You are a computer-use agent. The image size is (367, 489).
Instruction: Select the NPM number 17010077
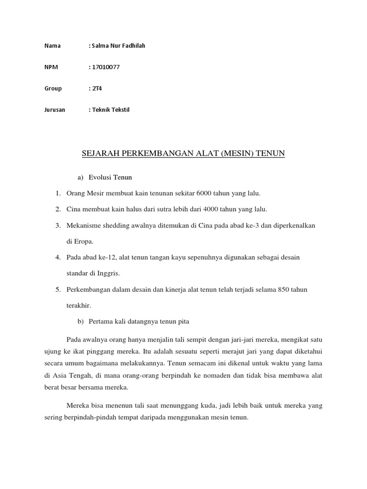[105, 67]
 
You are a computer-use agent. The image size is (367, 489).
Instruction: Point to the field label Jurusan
[54, 110]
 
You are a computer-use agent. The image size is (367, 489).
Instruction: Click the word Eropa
[84, 242]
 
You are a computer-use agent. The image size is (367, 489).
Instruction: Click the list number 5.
[57, 290]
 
